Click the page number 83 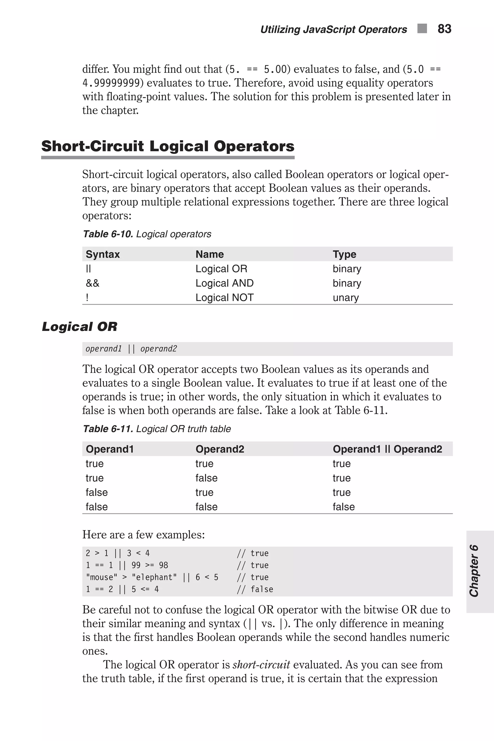[444, 29]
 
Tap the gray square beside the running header [422, 28]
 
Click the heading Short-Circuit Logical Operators [168, 146]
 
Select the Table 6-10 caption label [108, 234]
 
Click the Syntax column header [103, 254]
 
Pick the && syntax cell [92, 283]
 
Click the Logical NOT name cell [224, 297]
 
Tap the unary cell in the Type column [346, 297]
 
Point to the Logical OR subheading [79, 327]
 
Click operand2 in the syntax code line [158, 349]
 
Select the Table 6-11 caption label [108, 429]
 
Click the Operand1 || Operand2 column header [387, 449]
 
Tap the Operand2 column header [220, 449]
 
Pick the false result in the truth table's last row [343, 507]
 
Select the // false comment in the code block [255, 589]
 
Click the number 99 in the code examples [136, 565]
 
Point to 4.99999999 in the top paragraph [111, 83]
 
